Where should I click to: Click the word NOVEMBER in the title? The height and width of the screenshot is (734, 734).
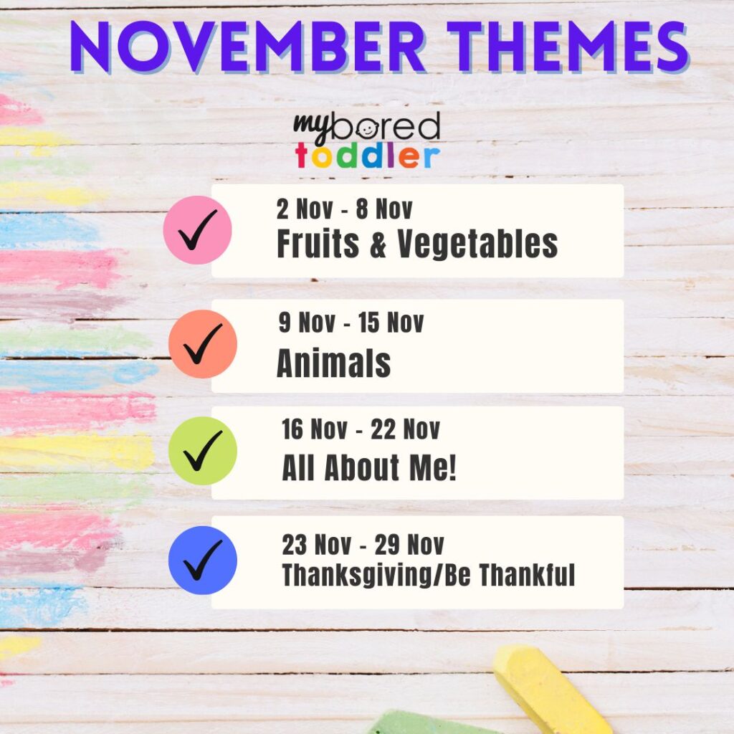pyautogui.click(x=247, y=47)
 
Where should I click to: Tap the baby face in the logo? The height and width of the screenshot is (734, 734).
pyautogui.click(x=368, y=130)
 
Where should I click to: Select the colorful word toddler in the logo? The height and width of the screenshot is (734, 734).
pyautogui.click(x=368, y=156)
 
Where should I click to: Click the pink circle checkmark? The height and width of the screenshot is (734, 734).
pyautogui.click(x=198, y=230)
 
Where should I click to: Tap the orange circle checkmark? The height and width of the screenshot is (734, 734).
pyautogui.click(x=203, y=344)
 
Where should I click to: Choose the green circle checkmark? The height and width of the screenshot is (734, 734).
pyautogui.click(x=203, y=451)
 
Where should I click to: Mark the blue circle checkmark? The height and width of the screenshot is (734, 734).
pyautogui.click(x=203, y=561)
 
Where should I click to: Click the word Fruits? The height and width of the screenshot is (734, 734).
pyautogui.click(x=318, y=244)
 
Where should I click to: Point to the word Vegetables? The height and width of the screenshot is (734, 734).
pyautogui.click(x=478, y=244)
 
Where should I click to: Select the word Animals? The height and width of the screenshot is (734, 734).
pyautogui.click(x=334, y=363)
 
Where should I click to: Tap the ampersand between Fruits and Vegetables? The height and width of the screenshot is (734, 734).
pyautogui.click(x=378, y=244)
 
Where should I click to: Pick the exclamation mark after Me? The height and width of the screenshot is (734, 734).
pyautogui.click(x=452, y=467)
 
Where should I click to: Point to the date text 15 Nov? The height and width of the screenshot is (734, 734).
pyautogui.click(x=391, y=323)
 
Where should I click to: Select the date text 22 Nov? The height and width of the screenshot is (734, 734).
pyautogui.click(x=406, y=429)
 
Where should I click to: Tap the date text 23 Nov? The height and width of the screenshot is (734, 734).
pyautogui.click(x=316, y=545)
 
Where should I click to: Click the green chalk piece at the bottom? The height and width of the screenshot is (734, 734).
pyautogui.click(x=421, y=723)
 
